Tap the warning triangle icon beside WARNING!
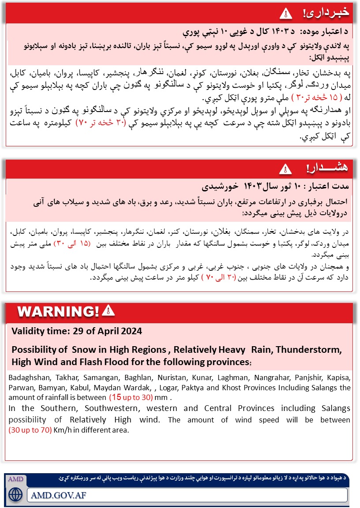pyautogui.click(x=108, y=311)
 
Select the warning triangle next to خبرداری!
pyautogui.click(x=286, y=13)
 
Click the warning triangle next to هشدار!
pyautogui.click(x=285, y=168)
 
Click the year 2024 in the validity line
pyautogui.click(x=131, y=331)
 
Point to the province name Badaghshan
pyautogui.click(x=27, y=378)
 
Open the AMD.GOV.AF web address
pyautogui.click(x=59, y=495)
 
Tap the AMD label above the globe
pyautogui.click(x=16, y=479)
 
